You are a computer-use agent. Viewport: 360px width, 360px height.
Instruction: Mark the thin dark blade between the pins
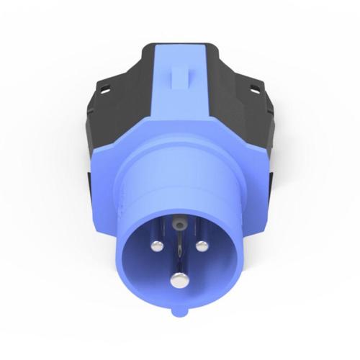pos(178,252)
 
